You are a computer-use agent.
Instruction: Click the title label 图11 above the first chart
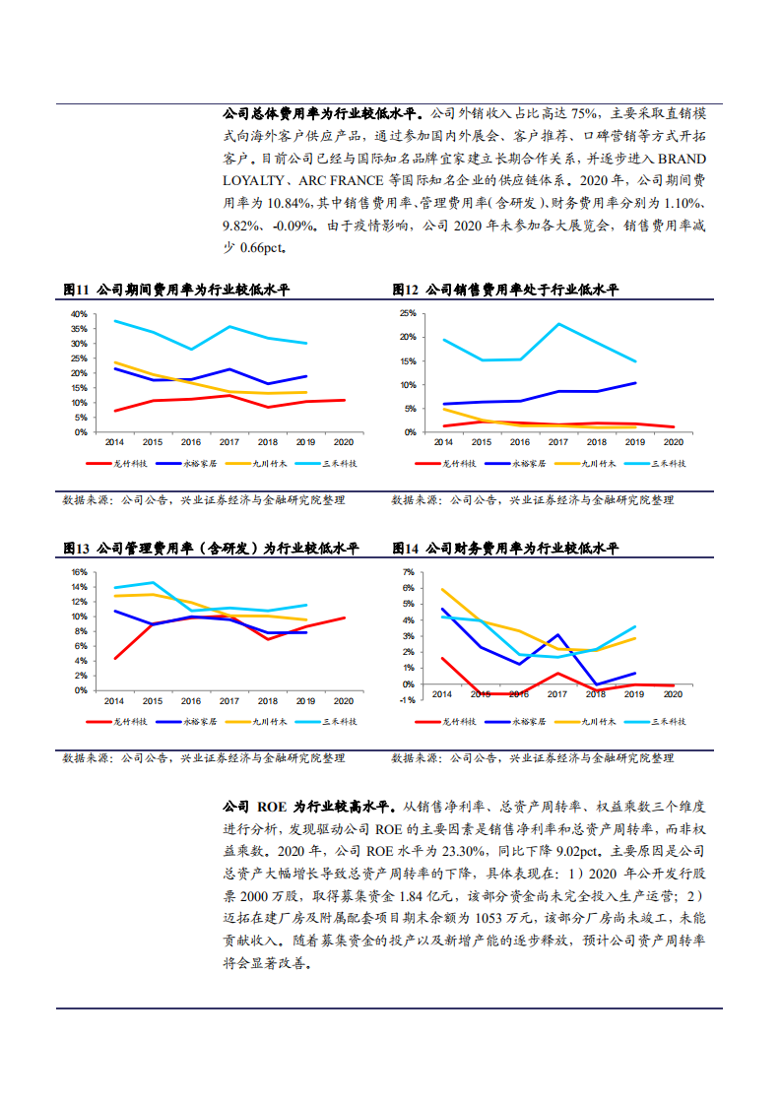click(x=76, y=290)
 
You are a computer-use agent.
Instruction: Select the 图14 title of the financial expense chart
click(x=406, y=548)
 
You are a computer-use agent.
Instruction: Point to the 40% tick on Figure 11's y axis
click(x=78, y=314)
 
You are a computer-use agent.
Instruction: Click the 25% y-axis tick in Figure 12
click(x=408, y=314)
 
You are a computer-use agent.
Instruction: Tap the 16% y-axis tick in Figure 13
click(x=79, y=572)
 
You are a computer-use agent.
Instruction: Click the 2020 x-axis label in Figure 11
click(x=344, y=442)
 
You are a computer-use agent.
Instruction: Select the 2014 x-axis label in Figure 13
click(x=114, y=700)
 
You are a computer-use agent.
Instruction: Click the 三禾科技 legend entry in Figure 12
click(x=669, y=463)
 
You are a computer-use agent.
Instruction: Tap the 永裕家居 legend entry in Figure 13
click(x=198, y=722)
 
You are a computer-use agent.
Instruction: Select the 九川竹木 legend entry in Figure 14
click(x=598, y=722)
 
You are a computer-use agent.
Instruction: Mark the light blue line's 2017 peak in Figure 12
click(x=558, y=324)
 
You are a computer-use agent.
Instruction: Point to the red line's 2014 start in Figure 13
click(x=114, y=658)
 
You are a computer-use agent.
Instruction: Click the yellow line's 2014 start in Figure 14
click(x=442, y=589)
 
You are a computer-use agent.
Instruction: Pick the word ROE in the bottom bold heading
click(x=273, y=806)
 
